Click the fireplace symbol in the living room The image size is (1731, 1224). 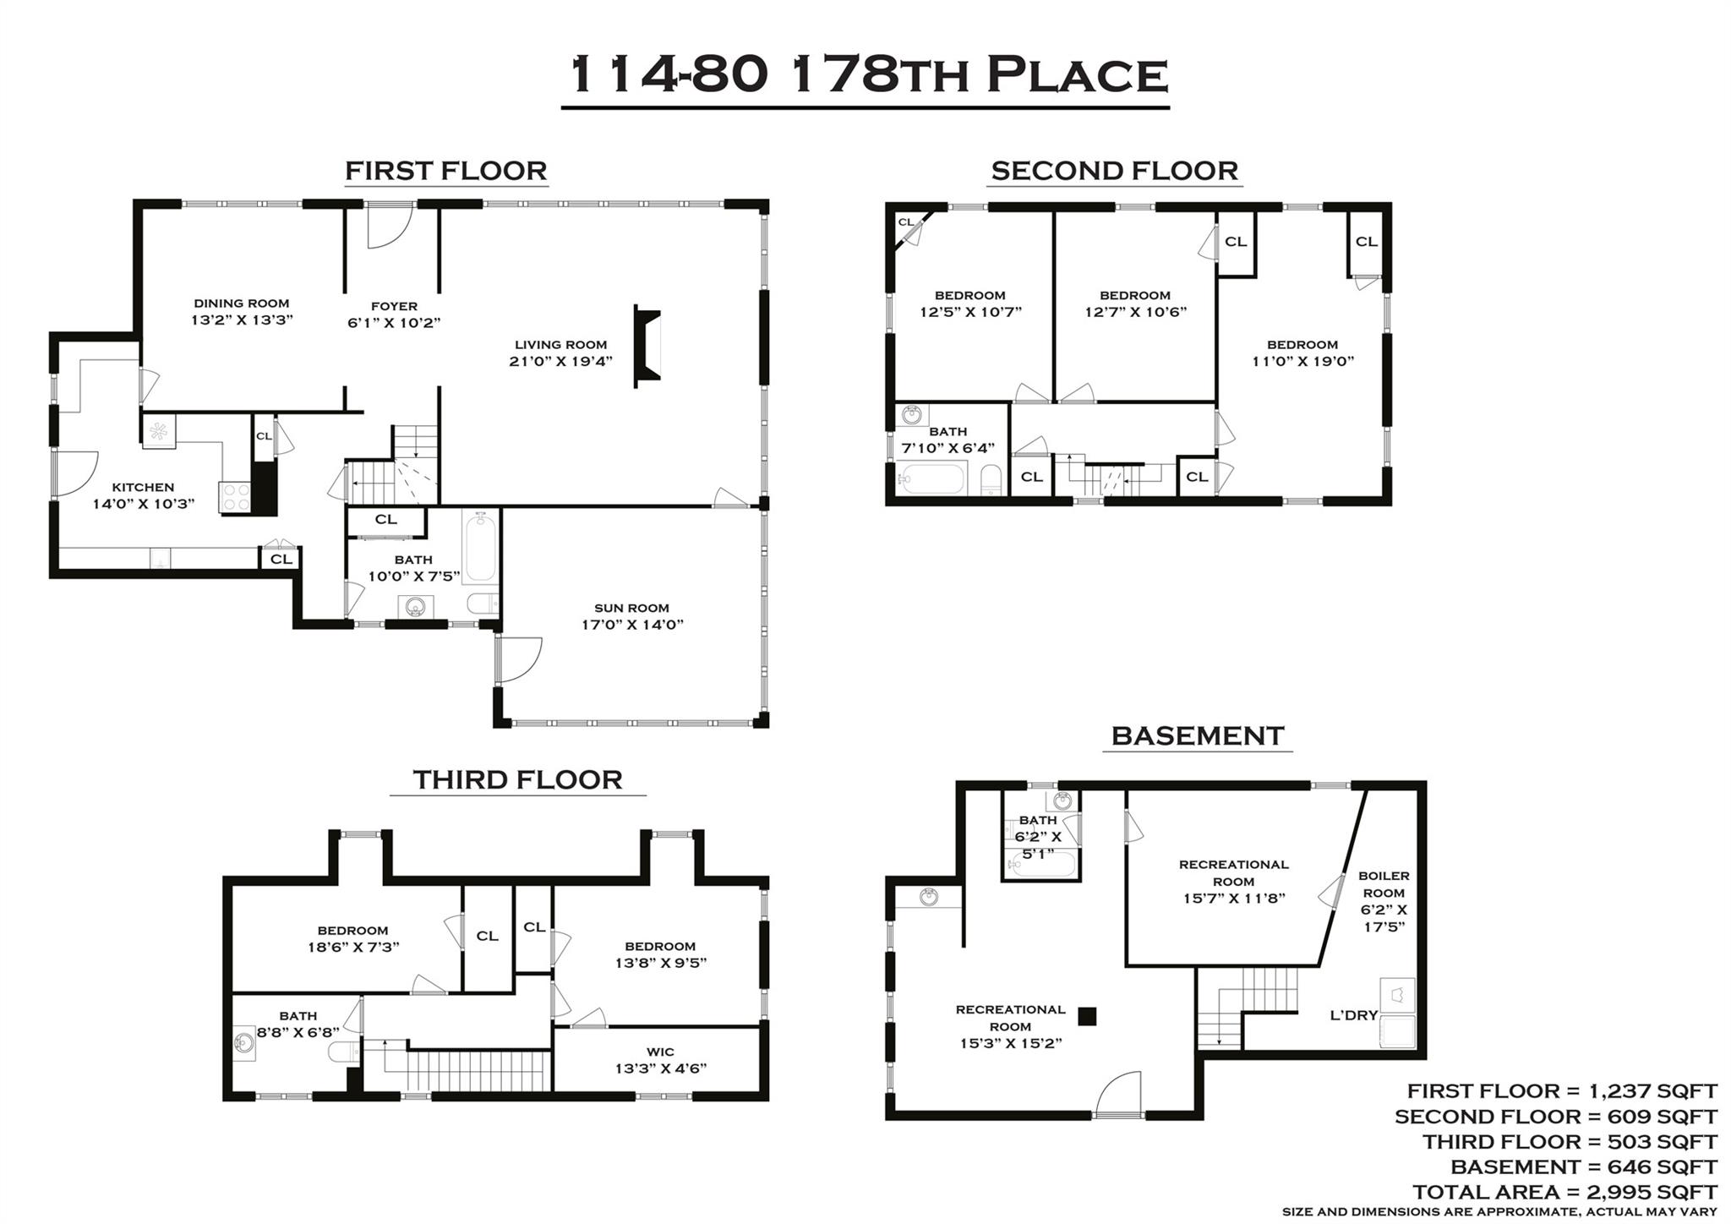click(647, 347)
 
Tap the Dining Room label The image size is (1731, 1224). click(242, 303)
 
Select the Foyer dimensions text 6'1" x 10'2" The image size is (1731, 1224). click(394, 323)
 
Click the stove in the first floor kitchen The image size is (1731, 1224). click(236, 496)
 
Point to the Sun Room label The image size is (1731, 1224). click(631, 608)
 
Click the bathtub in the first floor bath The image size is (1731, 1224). click(480, 547)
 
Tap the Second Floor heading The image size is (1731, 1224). click(1114, 171)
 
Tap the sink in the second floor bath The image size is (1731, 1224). click(912, 416)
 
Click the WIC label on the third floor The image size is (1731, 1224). click(660, 1052)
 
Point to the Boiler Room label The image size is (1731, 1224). click(1384, 884)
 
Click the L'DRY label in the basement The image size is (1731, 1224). click(1354, 1015)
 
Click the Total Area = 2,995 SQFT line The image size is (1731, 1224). click(1564, 1192)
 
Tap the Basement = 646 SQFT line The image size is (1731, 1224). click(1583, 1167)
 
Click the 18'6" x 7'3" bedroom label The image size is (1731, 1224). click(353, 939)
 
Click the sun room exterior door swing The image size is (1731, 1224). click(518, 659)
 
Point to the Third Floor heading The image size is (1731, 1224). click(517, 779)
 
